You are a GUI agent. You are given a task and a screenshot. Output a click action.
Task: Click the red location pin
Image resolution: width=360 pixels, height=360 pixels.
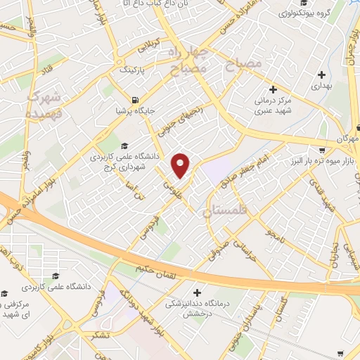[x=181, y=165]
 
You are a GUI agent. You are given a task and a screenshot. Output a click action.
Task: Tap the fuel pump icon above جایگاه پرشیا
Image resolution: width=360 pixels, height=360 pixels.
[x=136, y=98]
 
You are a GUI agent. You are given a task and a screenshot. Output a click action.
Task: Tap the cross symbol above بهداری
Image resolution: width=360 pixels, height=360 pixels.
[x=321, y=74]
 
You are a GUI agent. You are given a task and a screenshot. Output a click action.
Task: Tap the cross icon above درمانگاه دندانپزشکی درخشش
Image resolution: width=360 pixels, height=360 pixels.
[x=196, y=292]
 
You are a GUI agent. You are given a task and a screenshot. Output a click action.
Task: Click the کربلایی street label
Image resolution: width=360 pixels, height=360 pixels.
[x=157, y=45]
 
